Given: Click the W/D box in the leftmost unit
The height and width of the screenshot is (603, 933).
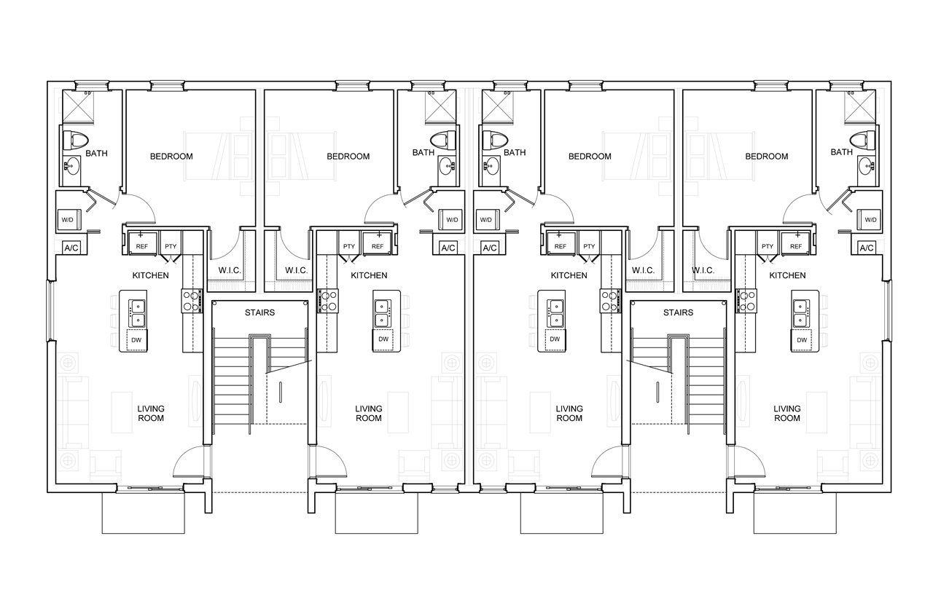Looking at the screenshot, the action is [69, 219].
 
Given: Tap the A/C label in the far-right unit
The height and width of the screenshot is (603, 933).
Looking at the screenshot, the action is [867, 248].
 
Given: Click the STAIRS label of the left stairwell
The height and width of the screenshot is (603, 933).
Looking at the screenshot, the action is [260, 312].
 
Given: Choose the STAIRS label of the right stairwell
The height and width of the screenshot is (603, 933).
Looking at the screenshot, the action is [678, 312].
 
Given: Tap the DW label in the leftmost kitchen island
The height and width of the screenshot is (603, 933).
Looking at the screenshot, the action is [136, 340].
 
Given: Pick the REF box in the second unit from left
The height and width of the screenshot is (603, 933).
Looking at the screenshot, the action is [377, 244].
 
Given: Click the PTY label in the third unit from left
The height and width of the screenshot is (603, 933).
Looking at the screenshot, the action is [589, 246].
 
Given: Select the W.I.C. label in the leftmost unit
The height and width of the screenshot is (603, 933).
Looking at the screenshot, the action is [230, 270].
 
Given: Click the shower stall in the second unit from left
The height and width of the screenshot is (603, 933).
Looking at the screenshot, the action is [440, 107].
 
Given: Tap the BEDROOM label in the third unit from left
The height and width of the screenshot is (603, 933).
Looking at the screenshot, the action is [590, 157].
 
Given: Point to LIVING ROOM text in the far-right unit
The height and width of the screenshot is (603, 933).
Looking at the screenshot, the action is [786, 413].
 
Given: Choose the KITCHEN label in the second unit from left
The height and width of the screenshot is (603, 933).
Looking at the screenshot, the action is [369, 275].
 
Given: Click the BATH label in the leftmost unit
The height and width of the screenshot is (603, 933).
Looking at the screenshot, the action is [97, 154].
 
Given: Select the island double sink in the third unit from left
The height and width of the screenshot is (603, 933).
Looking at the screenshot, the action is [556, 313].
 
